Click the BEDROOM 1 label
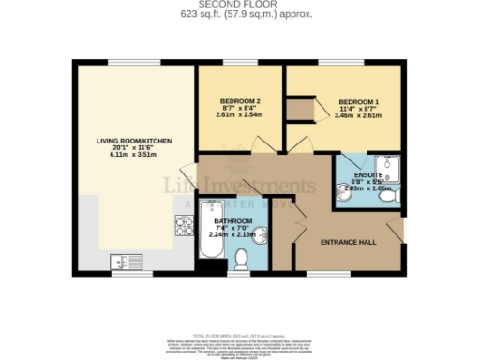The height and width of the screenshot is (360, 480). click(358, 100)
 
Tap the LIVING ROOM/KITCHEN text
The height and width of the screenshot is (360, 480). click(136, 141)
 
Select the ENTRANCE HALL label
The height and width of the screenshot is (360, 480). click(349, 242)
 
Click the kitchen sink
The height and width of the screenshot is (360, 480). click(123, 260)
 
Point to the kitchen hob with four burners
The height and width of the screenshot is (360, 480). click(182, 225)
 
